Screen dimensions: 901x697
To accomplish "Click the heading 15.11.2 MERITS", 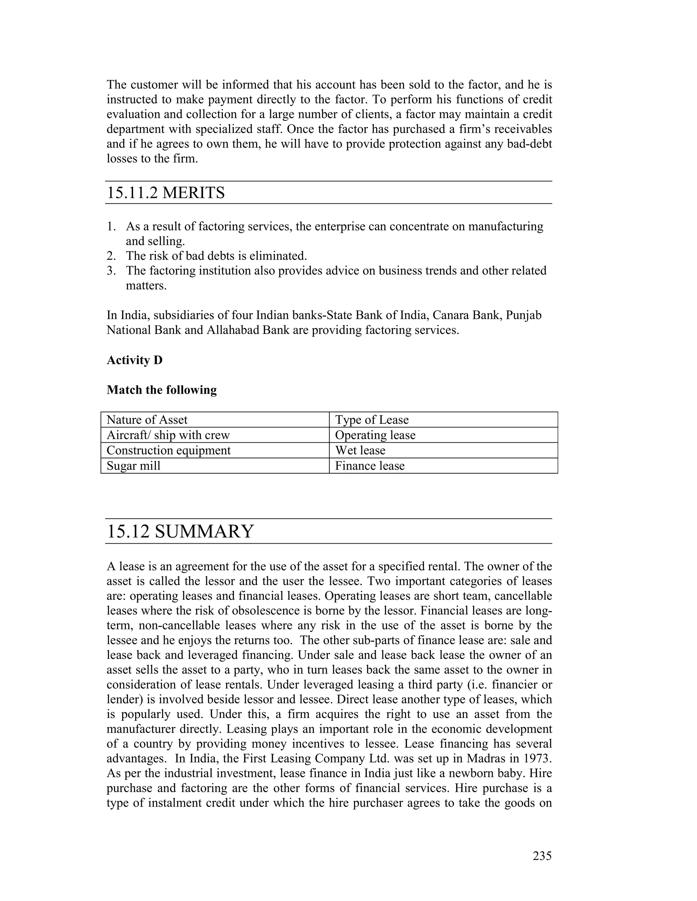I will tap(166, 193).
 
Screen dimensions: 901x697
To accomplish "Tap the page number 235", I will tap(542, 856).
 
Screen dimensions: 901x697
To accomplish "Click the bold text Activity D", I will tap(135, 360).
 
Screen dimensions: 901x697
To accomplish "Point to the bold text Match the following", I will tap(161, 390).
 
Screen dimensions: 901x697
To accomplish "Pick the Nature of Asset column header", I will tap(147, 420).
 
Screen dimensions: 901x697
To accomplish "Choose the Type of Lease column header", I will tap(372, 420).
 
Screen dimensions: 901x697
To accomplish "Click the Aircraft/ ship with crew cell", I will tap(168, 435).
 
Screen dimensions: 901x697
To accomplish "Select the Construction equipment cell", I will tap(168, 451).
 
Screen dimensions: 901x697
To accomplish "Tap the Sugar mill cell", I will tap(133, 466).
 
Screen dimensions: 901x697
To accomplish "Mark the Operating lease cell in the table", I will tap(375, 435).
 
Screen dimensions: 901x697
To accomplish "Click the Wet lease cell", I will tap(360, 451).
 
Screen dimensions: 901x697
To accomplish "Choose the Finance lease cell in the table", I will tap(370, 466).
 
